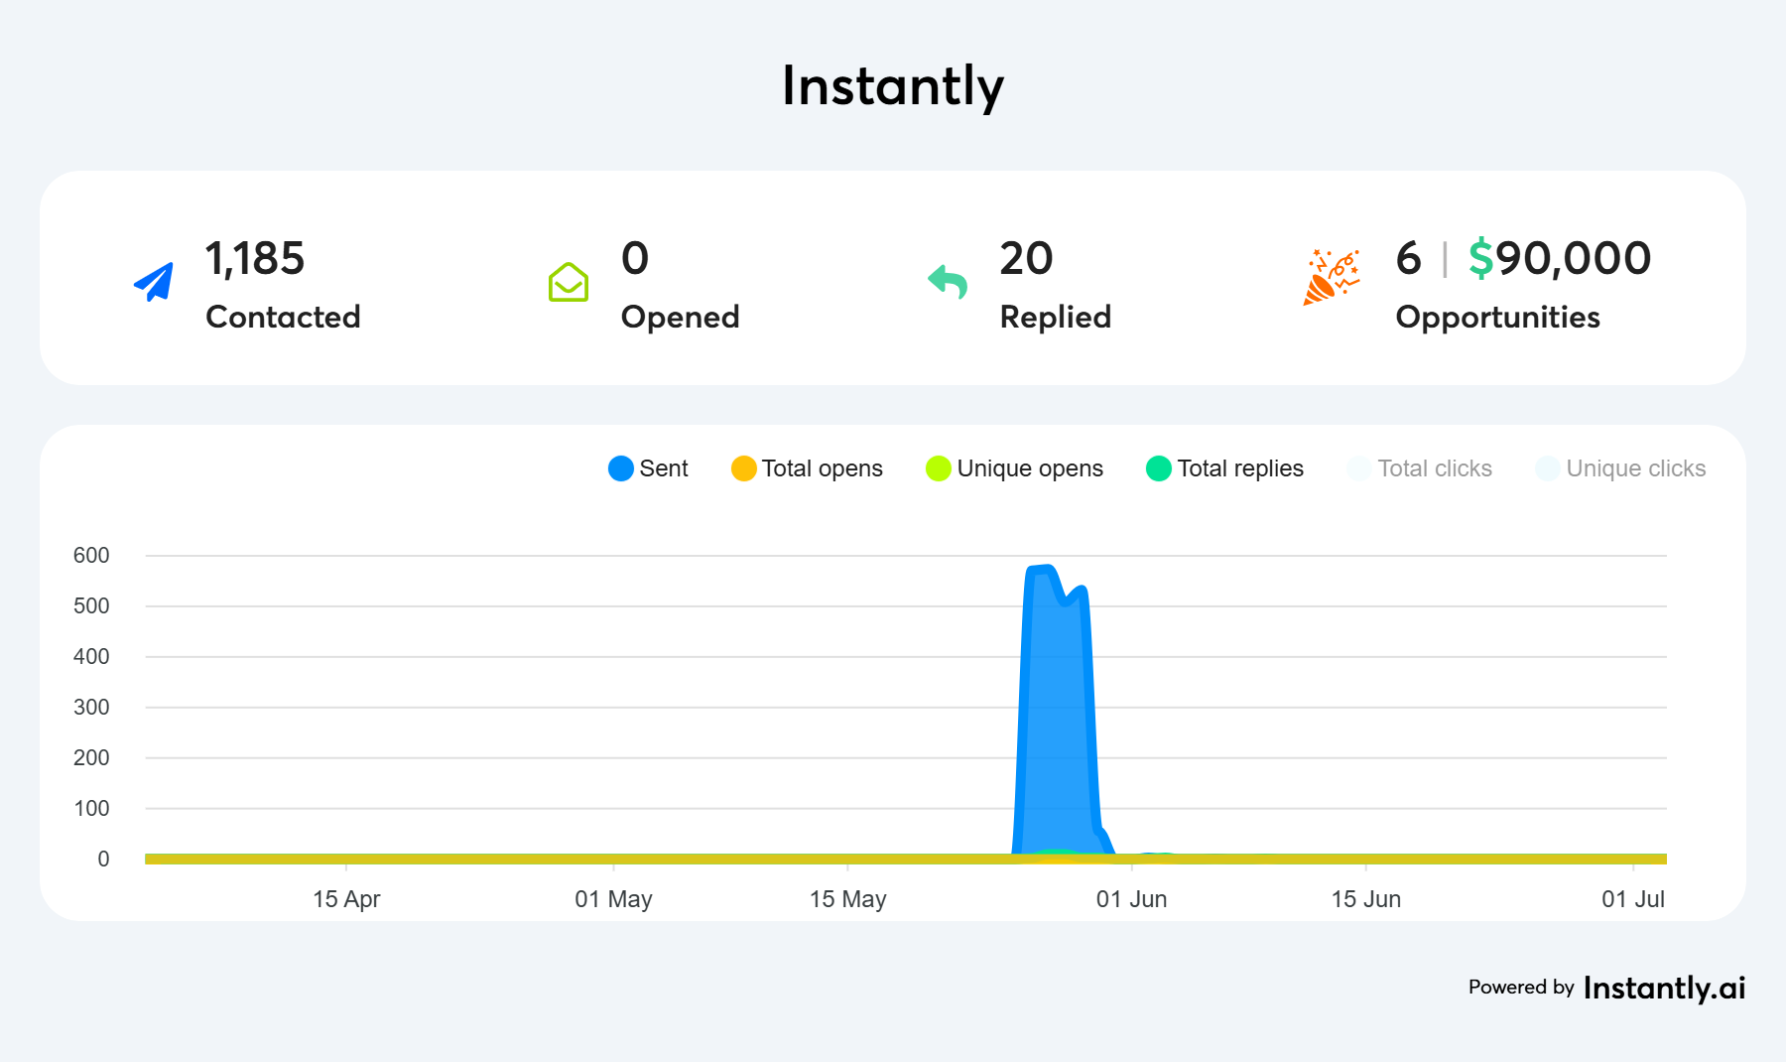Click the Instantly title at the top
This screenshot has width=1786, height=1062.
892,86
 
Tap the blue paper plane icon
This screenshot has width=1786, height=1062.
154,282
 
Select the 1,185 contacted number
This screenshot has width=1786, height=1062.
254,259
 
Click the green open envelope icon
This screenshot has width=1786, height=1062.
569,282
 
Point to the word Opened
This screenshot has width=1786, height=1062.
680,317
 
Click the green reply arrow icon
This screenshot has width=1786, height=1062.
948,282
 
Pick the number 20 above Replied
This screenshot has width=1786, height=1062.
1026,259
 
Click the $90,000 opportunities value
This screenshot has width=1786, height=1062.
1559,259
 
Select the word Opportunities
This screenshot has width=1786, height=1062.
1497,317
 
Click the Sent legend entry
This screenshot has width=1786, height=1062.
648,468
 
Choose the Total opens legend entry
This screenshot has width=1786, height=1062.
807,468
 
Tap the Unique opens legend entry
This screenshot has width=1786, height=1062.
1014,468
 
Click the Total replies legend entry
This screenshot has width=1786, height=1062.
1224,468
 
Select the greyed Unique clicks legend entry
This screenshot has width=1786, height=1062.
1620,468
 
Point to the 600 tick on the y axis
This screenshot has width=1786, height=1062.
91,556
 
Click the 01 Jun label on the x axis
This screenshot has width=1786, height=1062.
1131,899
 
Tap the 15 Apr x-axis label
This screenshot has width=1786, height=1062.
346,899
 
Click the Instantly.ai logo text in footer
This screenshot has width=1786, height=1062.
1664,988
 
